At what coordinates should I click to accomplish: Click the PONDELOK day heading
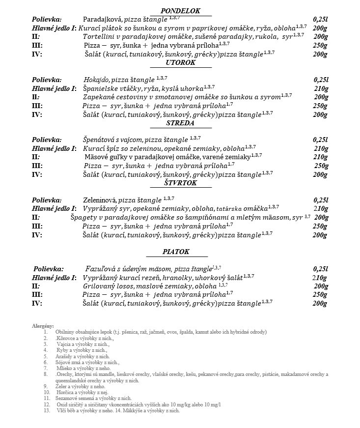[x=181, y=11]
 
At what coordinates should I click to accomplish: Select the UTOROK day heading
[x=180, y=62]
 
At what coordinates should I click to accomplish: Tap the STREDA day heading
[x=180, y=123]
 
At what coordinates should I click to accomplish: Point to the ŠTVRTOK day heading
[x=180, y=183]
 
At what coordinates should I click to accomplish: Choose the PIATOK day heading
[x=176, y=252]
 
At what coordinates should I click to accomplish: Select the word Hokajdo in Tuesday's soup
[x=96, y=80]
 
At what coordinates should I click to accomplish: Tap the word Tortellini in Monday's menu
[x=101, y=37]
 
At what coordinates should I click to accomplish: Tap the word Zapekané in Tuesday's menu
[x=99, y=97]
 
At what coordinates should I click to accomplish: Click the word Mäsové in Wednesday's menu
[x=98, y=157]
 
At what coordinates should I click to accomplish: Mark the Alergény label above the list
[x=43, y=325]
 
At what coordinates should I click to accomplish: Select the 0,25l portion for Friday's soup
[x=320, y=269]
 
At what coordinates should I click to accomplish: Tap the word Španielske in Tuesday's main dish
[x=102, y=88]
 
